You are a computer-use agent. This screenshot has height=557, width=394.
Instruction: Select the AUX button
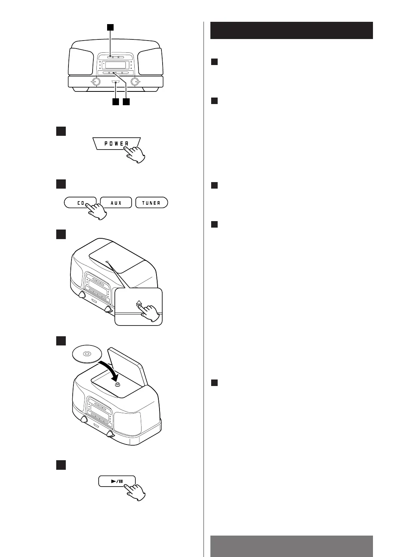pyautogui.click(x=116, y=203)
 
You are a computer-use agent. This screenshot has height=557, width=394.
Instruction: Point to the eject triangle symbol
pyautogui.click(x=138, y=303)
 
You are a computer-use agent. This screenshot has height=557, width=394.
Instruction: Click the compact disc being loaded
pyautogui.click(x=86, y=354)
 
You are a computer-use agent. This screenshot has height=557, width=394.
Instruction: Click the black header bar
pyautogui.click(x=291, y=31)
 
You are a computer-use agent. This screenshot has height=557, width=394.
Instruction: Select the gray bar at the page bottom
pyautogui.click(x=291, y=546)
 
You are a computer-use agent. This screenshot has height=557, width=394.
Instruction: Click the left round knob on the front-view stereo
pyautogui.click(x=96, y=82)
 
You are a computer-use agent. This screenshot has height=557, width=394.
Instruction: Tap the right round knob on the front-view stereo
pyautogui.click(x=135, y=82)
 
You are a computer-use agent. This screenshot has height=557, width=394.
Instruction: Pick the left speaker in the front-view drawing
pyautogui.click(x=81, y=62)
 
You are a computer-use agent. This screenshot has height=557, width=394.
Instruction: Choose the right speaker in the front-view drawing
pyautogui.click(x=150, y=62)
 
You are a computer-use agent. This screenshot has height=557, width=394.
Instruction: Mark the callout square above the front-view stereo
pyautogui.click(x=110, y=27)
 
